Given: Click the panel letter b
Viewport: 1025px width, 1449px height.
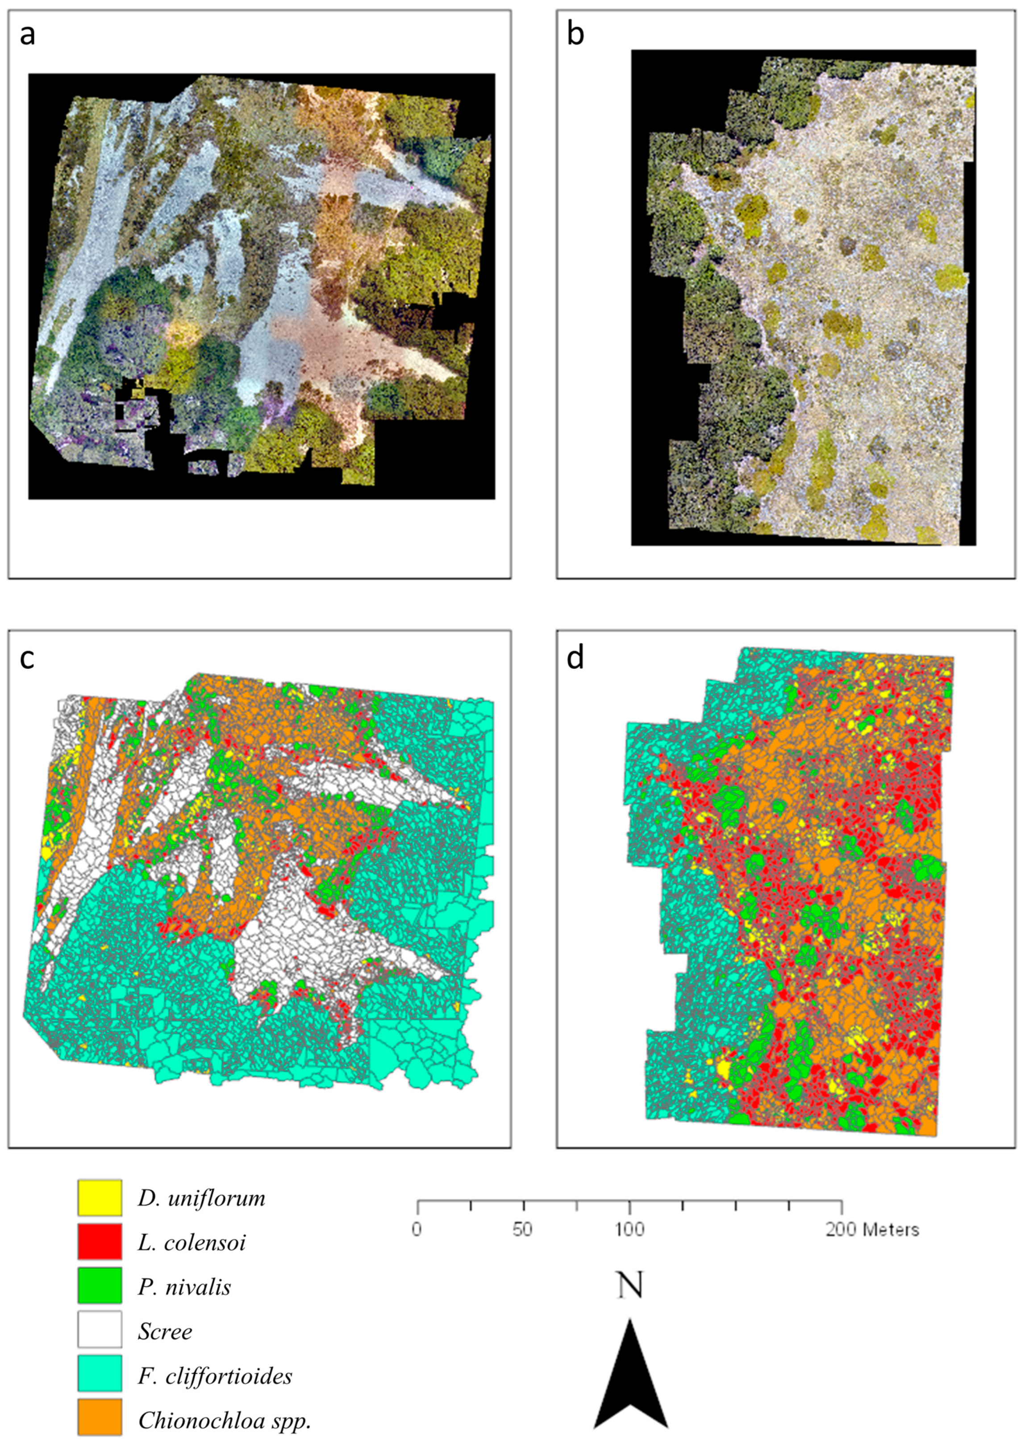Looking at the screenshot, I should [575, 35].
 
